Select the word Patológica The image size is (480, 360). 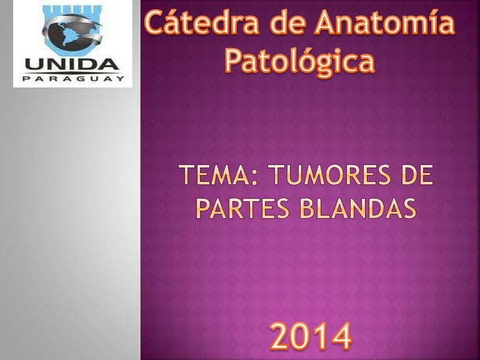coord(300,61)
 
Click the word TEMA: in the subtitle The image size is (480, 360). coord(217,175)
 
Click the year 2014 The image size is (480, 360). coord(311,336)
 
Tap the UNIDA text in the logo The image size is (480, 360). coord(72,64)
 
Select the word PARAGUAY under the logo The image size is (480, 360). coord(73,79)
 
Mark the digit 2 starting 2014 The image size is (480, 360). coord(279,336)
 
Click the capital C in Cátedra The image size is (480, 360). coord(154,22)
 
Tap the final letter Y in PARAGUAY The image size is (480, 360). coord(121,79)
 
